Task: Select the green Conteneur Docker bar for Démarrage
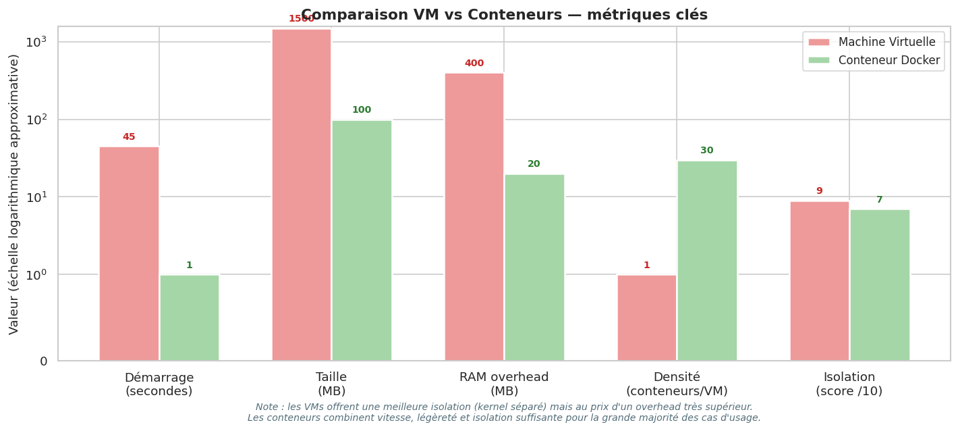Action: [x=190, y=318]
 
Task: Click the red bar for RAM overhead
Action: [x=474, y=216]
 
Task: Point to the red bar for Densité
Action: [x=647, y=318]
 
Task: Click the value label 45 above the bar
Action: [x=129, y=137]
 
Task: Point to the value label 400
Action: [x=474, y=64]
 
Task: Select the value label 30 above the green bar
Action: [x=707, y=151]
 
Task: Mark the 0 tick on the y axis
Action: [x=44, y=361]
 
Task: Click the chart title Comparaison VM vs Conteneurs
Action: [x=504, y=15]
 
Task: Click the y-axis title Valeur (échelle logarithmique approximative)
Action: [x=14, y=194]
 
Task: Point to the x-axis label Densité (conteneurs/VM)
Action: [x=677, y=384]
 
